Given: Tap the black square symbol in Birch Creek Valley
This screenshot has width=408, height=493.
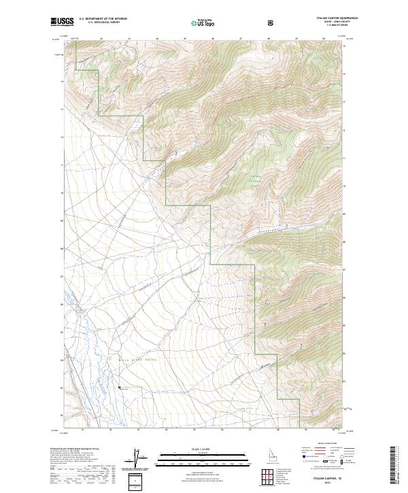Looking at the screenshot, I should coord(120,387).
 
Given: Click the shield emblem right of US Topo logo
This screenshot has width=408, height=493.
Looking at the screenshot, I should coord(271,22).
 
